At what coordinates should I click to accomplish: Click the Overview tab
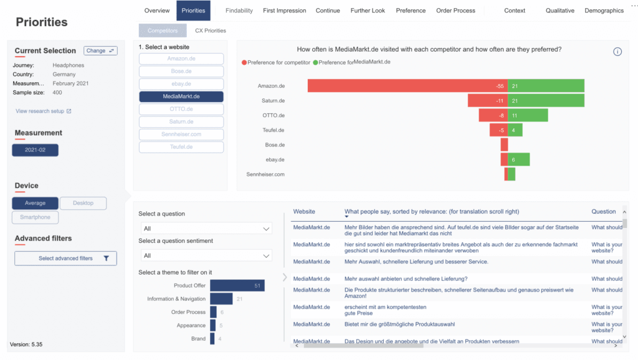click(x=157, y=11)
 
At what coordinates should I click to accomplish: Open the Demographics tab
click(x=604, y=11)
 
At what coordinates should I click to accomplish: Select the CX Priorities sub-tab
click(x=210, y=31)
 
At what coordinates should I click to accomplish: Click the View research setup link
click(x=44, y=111)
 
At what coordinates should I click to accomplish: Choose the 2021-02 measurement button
click(x=35, y=150)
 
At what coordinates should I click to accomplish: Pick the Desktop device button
click(x=83, y=203)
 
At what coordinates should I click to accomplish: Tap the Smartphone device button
click(x=35, y=217)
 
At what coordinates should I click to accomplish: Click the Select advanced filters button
click(x=65, y=258)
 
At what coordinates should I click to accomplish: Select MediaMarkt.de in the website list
click(x=181, y=97)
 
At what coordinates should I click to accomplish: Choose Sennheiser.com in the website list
click(x=181, y=135)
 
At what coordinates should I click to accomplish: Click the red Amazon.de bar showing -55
click(x=407, y=86)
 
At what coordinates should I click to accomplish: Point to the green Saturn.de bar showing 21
click(x=546, y=100)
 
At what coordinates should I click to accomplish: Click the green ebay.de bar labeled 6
click(x=518, y=159)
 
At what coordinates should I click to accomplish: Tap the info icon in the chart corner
click(x=617, y=52)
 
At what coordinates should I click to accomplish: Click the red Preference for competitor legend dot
click(x=244, y=62)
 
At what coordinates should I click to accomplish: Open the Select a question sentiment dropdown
click(x=205, y=255)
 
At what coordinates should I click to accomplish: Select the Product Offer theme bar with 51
click(x=237, y=286)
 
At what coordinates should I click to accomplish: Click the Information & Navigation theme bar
click(x=221, y=299)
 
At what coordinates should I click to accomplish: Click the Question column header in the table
click(x=603, y=212)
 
